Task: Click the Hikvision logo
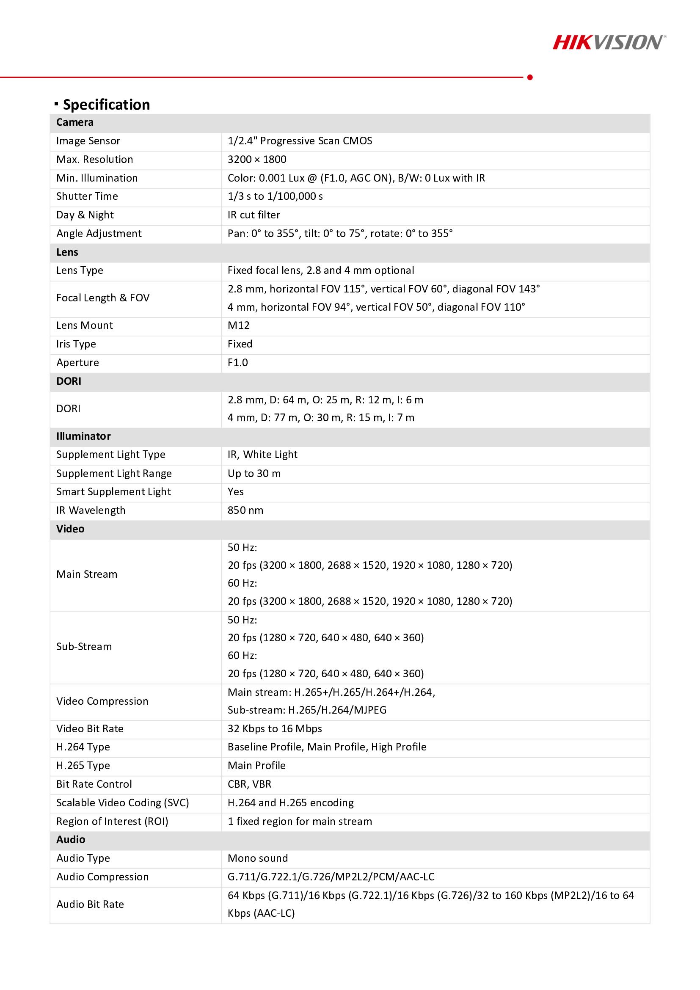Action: point(609,42)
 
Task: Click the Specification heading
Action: point(106,105)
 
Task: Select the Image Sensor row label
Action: point(88,141)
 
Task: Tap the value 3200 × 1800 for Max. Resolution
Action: point(257,160)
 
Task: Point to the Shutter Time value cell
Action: point(275,197)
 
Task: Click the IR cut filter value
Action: point(254,215)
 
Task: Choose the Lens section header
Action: point(67,252)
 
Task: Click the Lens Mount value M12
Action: point(238,325)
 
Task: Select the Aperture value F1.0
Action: point(237,363)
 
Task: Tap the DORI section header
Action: point(69,381)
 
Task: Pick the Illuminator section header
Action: point(84,436)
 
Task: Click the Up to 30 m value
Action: point(254,474)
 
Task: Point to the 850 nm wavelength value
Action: point(245,510)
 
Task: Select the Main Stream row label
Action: point(87,574)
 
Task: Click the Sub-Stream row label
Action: point(84,647)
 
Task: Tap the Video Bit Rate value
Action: point(275,729)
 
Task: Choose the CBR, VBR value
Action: point(250,784)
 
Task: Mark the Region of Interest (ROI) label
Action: point(112,822)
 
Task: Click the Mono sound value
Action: point(258,858)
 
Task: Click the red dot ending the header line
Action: point(530,77)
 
